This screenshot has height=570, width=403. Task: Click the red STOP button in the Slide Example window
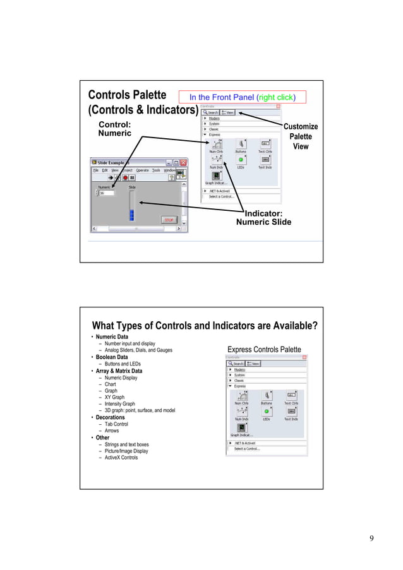tap(169, 220)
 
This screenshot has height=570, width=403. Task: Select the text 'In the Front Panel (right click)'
tap(243, 97)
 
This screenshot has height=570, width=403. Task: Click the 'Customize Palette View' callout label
tap(300, 136)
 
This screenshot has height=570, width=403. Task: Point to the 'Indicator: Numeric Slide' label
tap(264, 217)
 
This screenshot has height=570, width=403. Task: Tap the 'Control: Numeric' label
tap(115, 129)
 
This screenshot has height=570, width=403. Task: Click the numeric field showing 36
tap(106, 193)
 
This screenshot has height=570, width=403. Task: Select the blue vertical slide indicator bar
tap(131, 215)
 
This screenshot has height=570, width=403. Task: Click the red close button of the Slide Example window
tap(184, 162)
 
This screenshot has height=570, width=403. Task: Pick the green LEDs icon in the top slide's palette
tap(241, 160)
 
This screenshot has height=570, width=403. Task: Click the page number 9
tap(371, 538)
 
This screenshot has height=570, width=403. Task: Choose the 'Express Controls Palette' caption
tap(264, 350)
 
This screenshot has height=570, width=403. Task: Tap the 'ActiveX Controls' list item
tap(121, 458)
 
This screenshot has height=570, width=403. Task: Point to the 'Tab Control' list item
tap(116, 424)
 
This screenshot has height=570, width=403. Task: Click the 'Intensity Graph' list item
tap(119, 404)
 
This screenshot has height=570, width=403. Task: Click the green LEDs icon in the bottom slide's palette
tap(266, 411)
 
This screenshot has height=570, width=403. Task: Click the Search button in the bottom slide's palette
tap(236, 364)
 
